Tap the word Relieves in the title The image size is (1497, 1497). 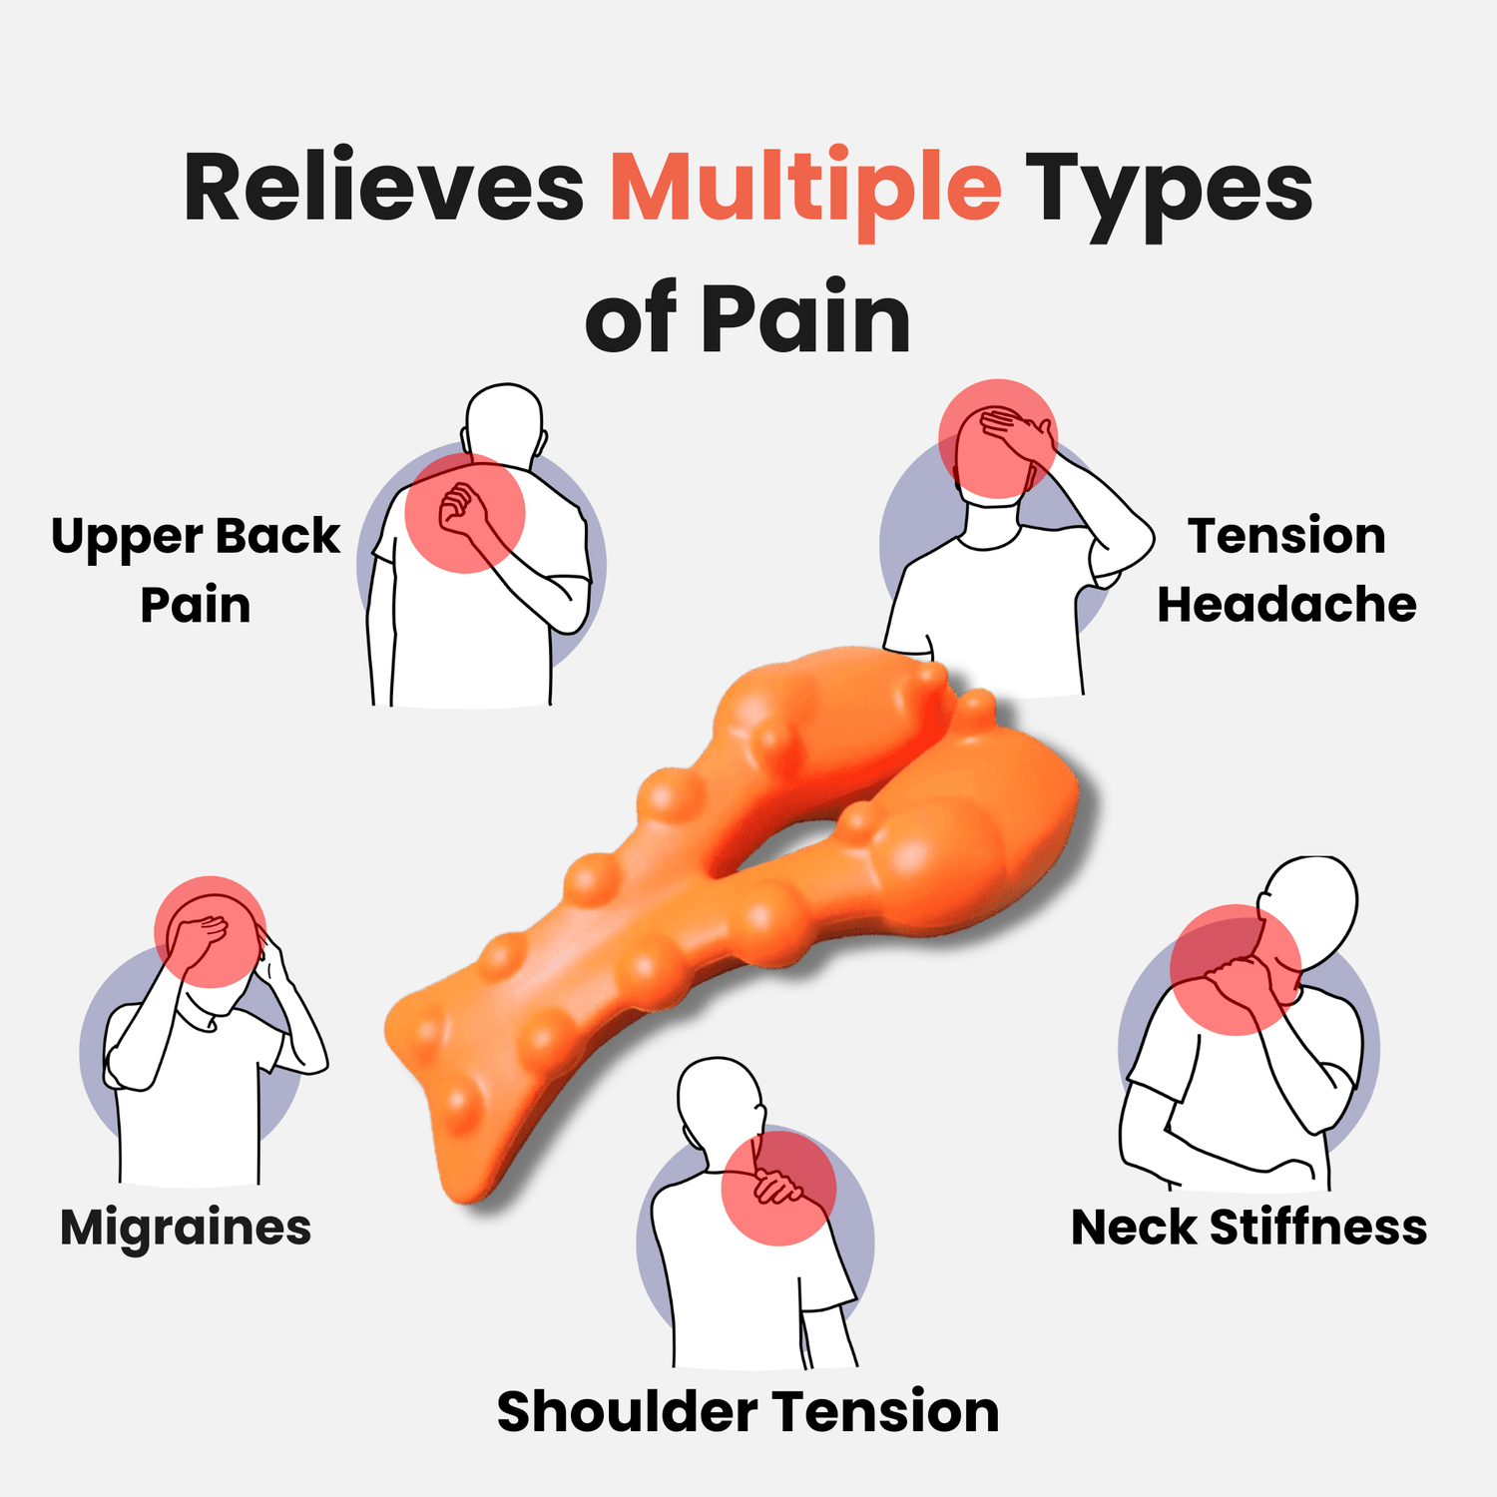[x=383, y=190]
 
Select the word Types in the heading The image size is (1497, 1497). [x=1168, y=190]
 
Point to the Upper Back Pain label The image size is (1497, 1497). [x=196, y=570]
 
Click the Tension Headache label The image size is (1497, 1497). [x=1286, y=570]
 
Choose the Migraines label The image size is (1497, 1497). [x=186, y=1227]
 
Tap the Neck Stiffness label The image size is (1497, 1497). [x=1248, y=1227]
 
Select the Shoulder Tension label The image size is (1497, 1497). [x=748, y=1411]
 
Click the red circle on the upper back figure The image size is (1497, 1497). [x=465, y=513]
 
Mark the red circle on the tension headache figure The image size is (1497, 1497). [x=997, y=438]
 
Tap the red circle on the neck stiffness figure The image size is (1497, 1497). [x=1236, y=969]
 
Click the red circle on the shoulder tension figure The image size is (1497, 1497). [x=778, y=1186]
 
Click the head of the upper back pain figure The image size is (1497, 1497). [x=505, y=419]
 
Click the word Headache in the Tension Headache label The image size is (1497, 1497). [x=1286, y=605]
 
